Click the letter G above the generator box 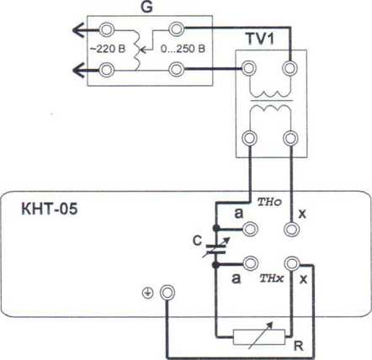pos(146,7)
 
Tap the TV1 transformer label pos(260,39)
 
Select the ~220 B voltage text pos(108,49)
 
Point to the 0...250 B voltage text pos(183,49)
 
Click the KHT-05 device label pos(50,209)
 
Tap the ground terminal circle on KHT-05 pos(167,293)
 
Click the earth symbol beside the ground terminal pos(147,294)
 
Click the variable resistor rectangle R pos(259,336)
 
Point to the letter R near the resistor pos(299,347)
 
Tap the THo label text pos(269,202)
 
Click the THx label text pos(272,278)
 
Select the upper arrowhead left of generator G pos(78,29)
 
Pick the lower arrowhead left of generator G pos(78,70)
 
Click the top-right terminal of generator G pos(177,29)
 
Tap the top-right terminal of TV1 pos(290,68)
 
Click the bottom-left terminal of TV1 pos(250,138)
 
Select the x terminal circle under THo pos(291,230)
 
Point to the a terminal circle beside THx pos(251,263)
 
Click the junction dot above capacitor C pos(216,228)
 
